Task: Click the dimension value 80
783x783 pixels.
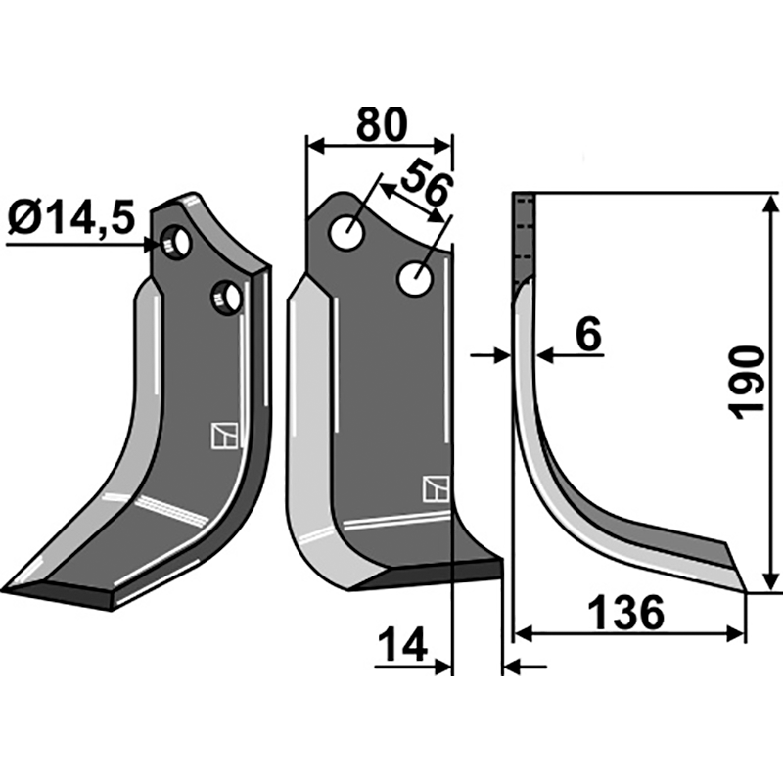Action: coord(381,125)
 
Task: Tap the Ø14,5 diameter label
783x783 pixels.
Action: coord(70,217)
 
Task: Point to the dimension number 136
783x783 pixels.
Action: coord(627,614)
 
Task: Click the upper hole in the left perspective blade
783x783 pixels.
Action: coord(177,240)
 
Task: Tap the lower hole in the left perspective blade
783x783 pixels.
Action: coord(226,295)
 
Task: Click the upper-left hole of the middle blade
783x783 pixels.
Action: coord(345,233)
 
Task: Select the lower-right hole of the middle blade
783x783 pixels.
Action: coord(415,278)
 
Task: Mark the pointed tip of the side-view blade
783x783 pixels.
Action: coord(746,591)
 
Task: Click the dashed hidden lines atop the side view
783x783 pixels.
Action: coord(525,235)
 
